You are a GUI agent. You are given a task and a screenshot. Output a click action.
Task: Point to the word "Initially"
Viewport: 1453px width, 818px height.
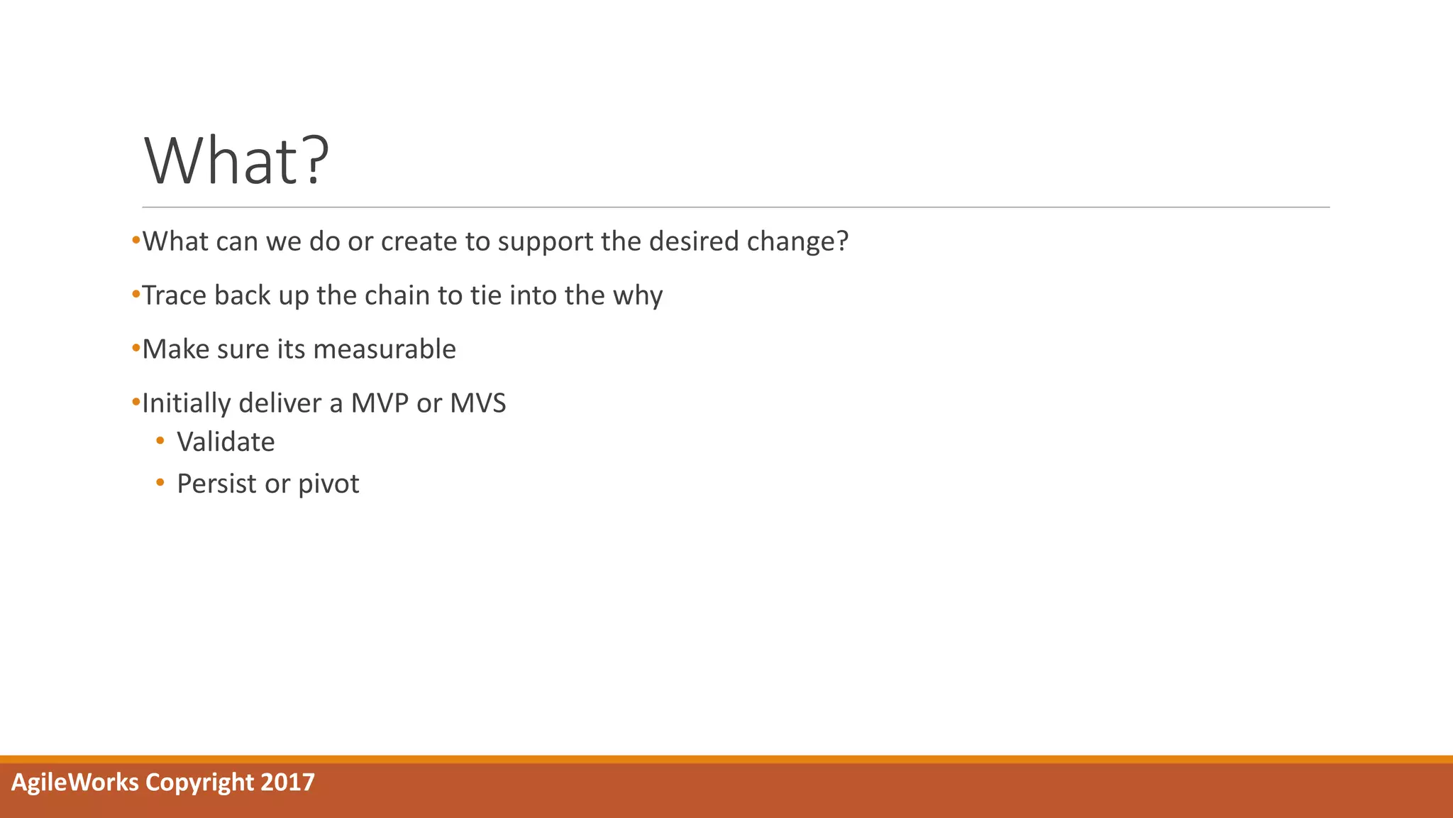[x=187, y=403]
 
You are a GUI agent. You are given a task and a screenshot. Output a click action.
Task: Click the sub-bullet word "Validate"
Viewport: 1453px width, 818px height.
[x=226, y=442]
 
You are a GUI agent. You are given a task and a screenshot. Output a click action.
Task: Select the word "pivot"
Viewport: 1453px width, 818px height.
[x=328, y=484]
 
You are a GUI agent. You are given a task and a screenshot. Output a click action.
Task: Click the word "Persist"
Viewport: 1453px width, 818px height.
[x=216, y=484]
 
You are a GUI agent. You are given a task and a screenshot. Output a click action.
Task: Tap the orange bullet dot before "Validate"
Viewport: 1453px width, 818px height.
[x=160, y=442]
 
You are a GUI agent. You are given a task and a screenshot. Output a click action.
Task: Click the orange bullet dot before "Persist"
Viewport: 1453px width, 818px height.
[x=160, y=483]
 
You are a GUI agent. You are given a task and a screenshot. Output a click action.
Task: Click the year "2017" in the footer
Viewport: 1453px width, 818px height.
[x=287, y=782]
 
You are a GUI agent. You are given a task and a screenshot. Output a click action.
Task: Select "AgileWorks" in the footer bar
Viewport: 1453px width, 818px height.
[x=75, y=782]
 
